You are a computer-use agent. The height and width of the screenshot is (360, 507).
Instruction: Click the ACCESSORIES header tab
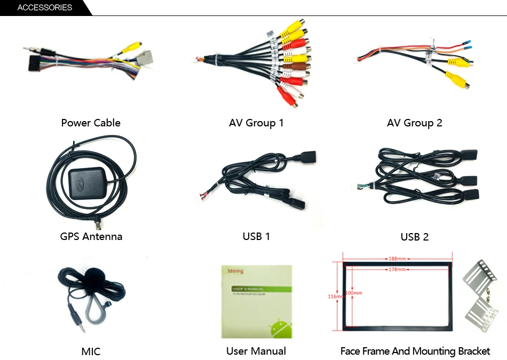tap(44, 8)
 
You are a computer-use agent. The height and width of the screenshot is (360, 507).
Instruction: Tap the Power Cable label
tap(91, 123)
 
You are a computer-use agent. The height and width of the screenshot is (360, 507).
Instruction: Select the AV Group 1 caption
tap(256, 123)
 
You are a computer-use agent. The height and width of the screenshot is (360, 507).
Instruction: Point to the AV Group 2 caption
tap(415, 123)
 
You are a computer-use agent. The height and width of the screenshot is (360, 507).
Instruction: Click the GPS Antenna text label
tap(91, 236)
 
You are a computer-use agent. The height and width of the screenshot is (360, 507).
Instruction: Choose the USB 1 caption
tap(256, 236)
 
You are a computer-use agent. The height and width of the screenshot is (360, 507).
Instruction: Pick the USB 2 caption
tap(415, 237)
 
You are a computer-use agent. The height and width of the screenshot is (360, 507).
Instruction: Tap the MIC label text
tap(91, 351)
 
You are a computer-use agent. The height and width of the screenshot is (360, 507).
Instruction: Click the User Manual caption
tap(256, 351)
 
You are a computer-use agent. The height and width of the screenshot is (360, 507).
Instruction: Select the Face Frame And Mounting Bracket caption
tap(415, 351)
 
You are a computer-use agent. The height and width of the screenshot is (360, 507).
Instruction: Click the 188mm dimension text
tap(397, 259)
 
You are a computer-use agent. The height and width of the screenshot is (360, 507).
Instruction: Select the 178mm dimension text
tap(397, 269)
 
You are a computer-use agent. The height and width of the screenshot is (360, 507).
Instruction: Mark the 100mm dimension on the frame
tap(354, 293)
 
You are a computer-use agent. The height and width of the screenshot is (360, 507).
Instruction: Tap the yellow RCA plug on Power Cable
tap(130, 48)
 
